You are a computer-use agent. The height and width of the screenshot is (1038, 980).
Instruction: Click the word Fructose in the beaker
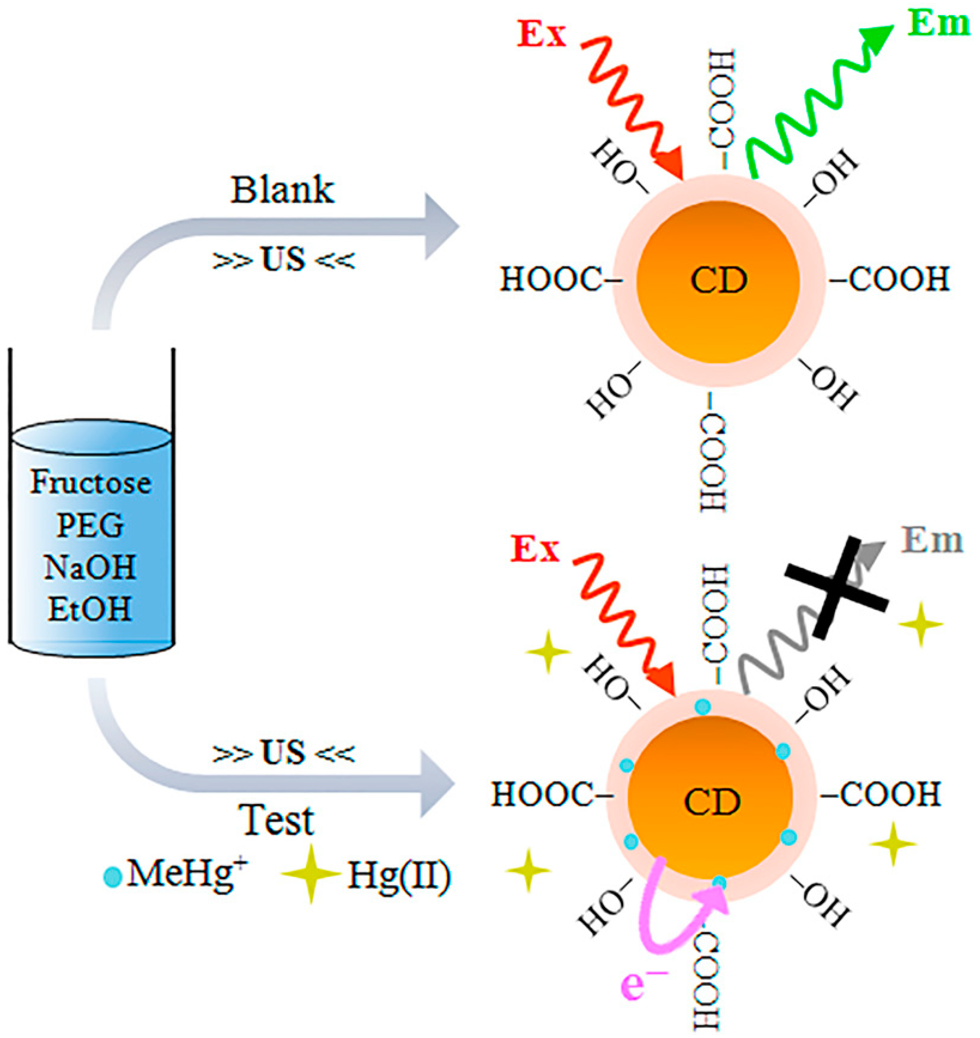pos(90,483)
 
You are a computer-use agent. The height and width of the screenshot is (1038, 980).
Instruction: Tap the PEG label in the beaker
pos(90,525)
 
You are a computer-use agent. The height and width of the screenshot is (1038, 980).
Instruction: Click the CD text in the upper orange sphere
pos(718,281)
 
